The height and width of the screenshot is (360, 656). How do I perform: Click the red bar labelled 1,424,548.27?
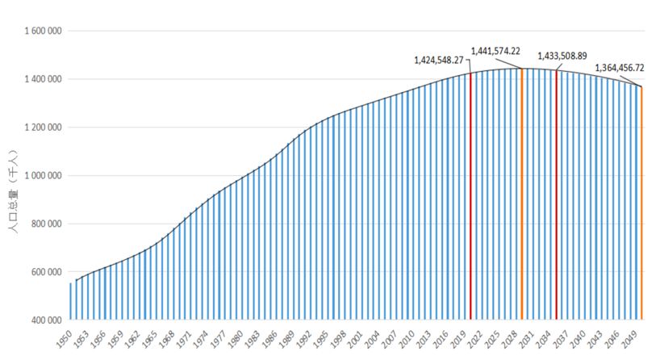click(x=470, y=202)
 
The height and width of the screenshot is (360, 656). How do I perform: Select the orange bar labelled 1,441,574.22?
click(x=522, y=198)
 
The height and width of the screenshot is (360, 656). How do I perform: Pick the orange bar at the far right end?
click(x=641, y=206)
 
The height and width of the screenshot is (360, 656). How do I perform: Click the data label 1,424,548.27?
click(x=439, y=60)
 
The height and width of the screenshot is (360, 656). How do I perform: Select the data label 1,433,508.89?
click(x=562, y=57)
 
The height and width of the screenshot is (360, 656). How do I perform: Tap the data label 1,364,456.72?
click(x=620, y=68)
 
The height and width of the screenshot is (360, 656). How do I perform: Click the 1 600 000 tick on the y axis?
click(x=41, y=31)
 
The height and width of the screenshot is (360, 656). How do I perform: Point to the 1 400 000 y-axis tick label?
click(x=41, y=79)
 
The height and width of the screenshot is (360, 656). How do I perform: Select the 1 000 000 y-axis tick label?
click(x=41, y=176)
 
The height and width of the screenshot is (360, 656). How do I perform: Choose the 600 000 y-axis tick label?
click(x=45, y=272)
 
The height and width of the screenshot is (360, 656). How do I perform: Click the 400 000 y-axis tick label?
click(x=45, y=320)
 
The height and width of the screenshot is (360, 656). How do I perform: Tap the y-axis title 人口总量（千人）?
click(x=14, y=192)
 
